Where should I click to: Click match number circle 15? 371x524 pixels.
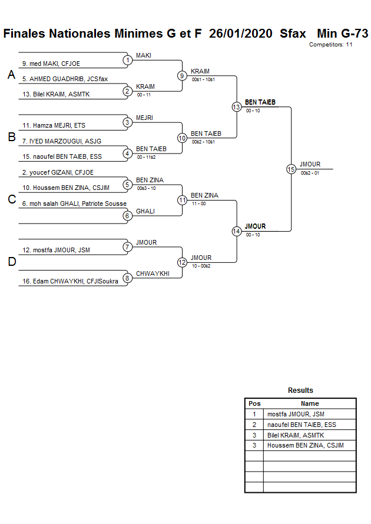(x=291, y=169)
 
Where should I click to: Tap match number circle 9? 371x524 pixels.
(x=182, y=75)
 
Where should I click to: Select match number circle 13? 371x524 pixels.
(x=236, y=106)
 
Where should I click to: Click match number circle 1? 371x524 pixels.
(x=127, y=60)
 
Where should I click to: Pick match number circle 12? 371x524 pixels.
(x=182, y=262)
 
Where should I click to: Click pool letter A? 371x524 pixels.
(x=11, y=75)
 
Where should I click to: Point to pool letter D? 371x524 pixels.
(x=11, y=262)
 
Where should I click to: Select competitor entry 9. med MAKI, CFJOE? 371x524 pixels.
(x=51, y=64)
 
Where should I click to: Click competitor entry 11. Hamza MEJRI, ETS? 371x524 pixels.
(x=54, y=126)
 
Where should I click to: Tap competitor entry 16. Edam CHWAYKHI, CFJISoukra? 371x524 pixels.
(x=70, y=282)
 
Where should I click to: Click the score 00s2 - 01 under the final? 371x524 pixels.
(x=310, y=173)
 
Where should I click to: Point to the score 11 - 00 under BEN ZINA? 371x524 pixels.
(x=198, y=203)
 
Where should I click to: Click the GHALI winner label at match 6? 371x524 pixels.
(x=145, y=211)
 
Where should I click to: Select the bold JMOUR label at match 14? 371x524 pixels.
(x=255, y=226)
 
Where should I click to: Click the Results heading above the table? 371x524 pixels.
(x=300, y=391)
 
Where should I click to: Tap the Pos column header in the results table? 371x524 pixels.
(x=254, y=403)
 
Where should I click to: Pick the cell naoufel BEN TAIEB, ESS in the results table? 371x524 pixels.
(x=302, y=425)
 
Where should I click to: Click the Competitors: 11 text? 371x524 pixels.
(x=330, y=45)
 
